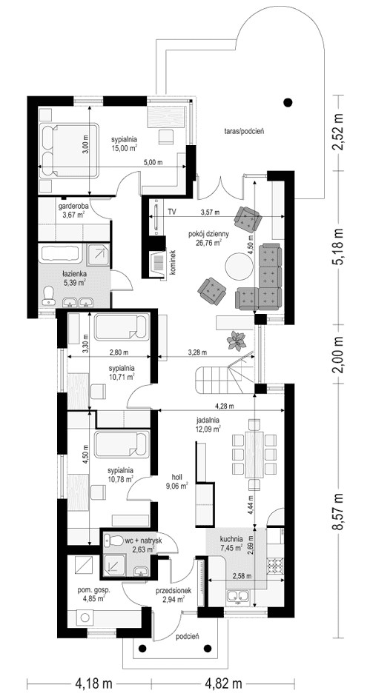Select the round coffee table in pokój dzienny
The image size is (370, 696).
[239, 266]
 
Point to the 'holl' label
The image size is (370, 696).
[177, 477]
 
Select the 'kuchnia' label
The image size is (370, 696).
[230, 539]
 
